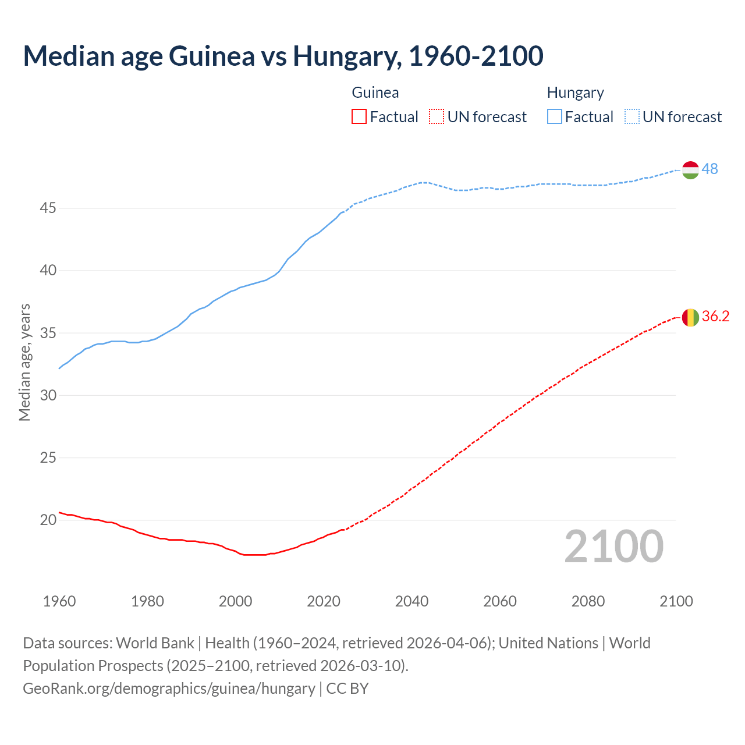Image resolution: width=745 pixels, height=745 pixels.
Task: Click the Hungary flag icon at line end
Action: click(690, 169)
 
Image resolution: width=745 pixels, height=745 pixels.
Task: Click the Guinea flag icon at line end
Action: click(690, 317)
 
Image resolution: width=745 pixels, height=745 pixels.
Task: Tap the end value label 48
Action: click(710, 169)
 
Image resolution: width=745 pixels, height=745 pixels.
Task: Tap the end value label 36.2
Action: click(715, 316)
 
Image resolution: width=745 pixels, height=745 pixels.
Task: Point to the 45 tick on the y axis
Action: click(48, 208)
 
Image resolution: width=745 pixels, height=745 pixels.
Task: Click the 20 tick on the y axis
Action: click(48, 520)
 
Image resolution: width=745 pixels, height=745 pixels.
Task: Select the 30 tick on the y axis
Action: click(48, 395)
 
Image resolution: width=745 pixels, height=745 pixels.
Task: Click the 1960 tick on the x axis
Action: click(59, 601)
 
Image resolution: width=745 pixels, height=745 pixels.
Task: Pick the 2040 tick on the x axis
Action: click(411, 601)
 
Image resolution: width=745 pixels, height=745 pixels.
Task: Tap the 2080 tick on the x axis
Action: click(588, 601)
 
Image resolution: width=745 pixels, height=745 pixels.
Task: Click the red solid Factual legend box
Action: click(359, 117)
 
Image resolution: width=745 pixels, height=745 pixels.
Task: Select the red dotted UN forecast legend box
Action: click(437, 117)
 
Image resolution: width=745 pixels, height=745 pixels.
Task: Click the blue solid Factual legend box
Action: click(554, 117)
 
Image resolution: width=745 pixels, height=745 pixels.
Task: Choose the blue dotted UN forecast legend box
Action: click(632, 117)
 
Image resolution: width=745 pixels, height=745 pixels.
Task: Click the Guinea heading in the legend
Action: click(375, 93)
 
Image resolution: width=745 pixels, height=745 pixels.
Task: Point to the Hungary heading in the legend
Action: click(575, 93)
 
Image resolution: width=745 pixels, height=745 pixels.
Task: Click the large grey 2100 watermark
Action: click(614, 546)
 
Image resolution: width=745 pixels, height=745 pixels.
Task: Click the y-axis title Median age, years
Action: click(24, 362)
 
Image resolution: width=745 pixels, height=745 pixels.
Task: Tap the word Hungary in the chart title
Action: click(347, 56)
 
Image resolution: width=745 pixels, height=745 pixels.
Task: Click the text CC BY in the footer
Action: click(347, 688)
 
